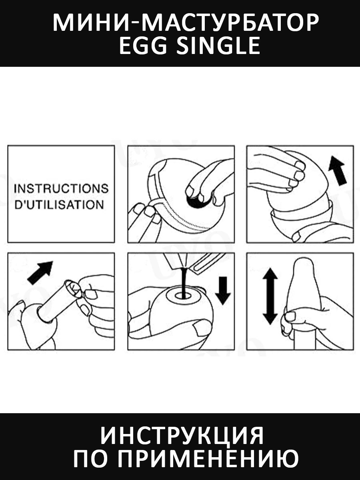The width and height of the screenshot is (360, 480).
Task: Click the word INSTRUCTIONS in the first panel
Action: point(61,188)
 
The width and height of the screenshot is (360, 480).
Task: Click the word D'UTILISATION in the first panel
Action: point(59,205)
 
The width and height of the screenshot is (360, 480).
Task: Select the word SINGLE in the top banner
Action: point(218,46)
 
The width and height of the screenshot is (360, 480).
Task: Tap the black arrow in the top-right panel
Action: point(338,170)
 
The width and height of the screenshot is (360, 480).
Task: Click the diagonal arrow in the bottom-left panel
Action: point(40,273)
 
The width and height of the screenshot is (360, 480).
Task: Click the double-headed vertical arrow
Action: point(270,296)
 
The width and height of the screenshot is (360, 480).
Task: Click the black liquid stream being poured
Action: point(183,282)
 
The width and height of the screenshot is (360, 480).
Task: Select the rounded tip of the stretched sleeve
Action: point(304,264)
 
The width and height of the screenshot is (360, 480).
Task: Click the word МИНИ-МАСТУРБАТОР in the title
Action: point(186,23)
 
